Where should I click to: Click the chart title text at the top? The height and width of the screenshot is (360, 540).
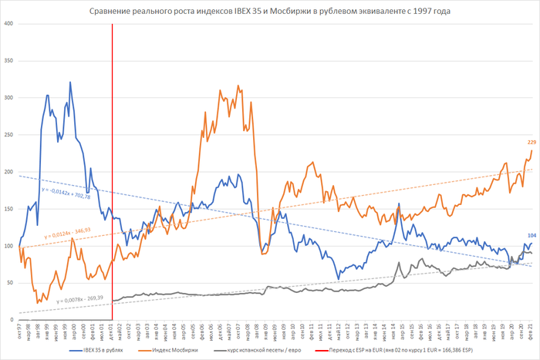tap(269, 12)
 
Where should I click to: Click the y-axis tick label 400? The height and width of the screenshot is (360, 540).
tap(8, 23)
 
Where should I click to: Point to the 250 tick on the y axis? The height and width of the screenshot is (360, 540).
tap(8, 134)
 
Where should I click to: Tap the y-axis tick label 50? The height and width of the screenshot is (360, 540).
tap(9, 283)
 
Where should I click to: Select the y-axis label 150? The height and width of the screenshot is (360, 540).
tap(8, 209)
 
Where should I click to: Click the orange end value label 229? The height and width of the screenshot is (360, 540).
tap(532, 143)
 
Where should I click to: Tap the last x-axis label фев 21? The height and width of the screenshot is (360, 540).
tap(531, 331)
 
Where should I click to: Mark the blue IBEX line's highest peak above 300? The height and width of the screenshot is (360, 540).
tap(70, 82)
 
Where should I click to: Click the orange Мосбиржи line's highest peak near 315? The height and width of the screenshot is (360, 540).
tap(238, 86)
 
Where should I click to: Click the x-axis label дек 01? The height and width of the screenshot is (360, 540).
tap(113, 331)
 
